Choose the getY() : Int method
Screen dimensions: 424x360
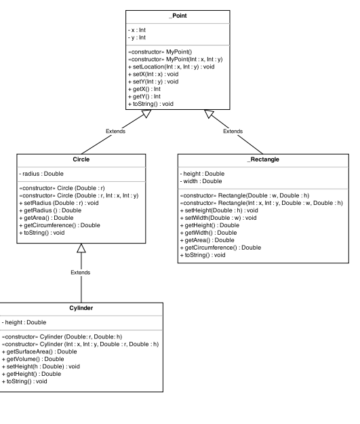coord(147,96)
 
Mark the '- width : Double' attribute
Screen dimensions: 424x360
coord(203,181)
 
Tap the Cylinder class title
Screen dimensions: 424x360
coord(81,308)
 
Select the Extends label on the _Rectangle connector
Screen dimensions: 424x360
coord(233,131)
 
